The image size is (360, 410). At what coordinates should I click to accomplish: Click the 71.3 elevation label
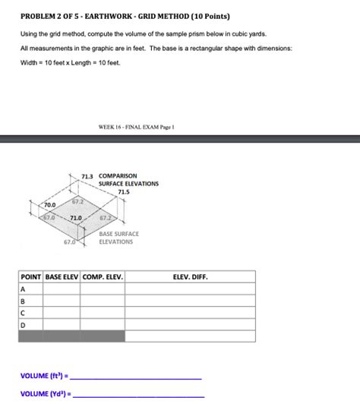87,176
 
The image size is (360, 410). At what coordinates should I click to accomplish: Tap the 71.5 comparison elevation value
124,192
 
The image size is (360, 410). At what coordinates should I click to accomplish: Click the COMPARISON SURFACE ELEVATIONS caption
128,180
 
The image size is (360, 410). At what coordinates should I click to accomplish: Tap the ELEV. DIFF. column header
190,277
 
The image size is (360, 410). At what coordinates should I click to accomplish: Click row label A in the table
24,290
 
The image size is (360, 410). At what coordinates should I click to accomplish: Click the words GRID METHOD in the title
147,15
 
